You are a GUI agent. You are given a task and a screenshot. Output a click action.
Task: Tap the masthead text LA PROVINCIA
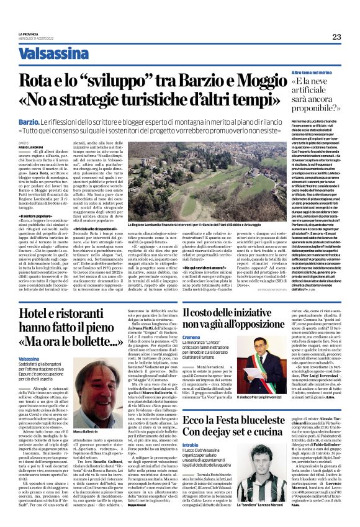point(28,34)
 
